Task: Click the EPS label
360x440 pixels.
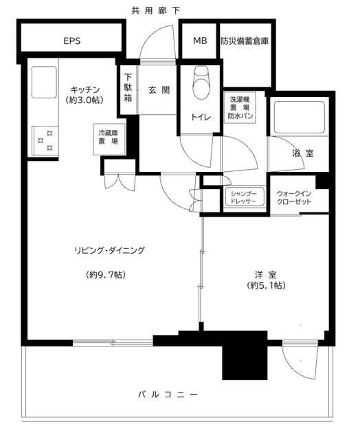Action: point(72,41)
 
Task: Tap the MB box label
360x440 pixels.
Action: point(199,41)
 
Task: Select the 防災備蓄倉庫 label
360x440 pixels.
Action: point(245,41)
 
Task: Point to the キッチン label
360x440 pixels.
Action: point(87,90)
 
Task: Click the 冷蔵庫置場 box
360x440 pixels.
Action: point(108,136)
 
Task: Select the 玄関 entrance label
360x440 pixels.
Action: point(158,89)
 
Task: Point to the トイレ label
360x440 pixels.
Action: point(201,116)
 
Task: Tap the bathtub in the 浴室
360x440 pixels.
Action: point(298,118)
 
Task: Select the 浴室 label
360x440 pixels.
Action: point(303,153)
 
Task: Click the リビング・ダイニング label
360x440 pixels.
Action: point(111,250)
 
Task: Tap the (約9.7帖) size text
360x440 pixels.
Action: point(106,275)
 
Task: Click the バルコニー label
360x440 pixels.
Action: point(169,395)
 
